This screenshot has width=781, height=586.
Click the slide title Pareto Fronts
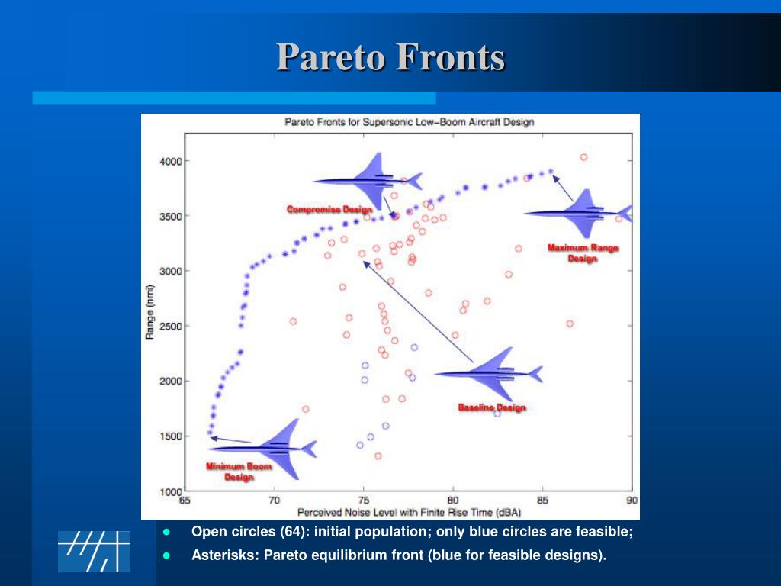[390, 56]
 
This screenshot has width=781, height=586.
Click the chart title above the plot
[409, 122]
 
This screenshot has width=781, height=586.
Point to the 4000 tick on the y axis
[171, 162]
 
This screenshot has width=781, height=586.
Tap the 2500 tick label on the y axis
[171, 327]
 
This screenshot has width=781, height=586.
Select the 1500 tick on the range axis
[171, 436]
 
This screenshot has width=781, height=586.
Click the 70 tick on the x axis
[274, 501]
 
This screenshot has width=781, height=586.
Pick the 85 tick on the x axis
[542, 501]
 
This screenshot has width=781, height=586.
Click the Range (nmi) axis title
[149, 312]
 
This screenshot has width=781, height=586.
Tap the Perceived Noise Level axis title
[409, 512]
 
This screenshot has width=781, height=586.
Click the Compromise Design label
[329, 209]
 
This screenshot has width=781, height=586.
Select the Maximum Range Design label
[583, 253]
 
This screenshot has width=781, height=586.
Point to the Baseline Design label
[492, 407]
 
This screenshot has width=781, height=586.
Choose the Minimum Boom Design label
[239, 472]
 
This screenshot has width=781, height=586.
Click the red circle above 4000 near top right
[583, 157]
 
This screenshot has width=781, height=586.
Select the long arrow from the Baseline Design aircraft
[418, 312]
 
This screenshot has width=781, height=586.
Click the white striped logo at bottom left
[94, 552]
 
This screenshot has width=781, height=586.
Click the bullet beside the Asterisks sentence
[166, 555]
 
